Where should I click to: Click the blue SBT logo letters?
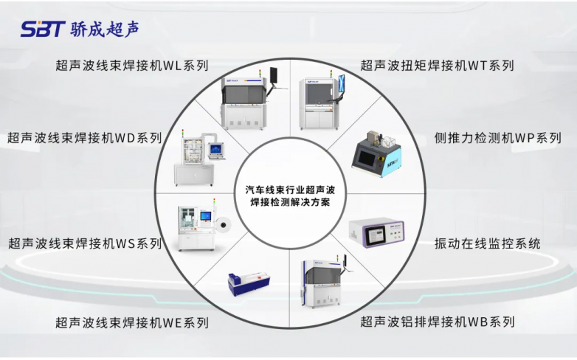(43, 29)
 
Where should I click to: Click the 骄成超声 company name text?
(105, 29)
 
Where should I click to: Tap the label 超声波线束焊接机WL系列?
(132, 66)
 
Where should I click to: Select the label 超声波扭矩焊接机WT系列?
(437, 66)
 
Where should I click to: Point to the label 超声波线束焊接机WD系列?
(85, 138)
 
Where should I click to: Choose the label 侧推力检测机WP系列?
(497, 138)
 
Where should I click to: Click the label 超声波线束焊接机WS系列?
(85, 243)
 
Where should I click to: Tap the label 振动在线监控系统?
(487, 243)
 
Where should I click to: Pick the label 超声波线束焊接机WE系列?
(132, 322)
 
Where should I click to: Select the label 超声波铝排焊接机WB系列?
(437, 322)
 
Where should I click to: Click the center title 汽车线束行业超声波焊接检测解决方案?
(290, 195)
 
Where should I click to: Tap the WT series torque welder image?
(321, 100)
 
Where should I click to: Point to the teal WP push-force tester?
(376, 154)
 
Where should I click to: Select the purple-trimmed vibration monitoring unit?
(376, 232)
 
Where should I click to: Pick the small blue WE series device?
(249, 284)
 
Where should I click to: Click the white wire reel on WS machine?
(223, 224)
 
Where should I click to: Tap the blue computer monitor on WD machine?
(215, 150)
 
